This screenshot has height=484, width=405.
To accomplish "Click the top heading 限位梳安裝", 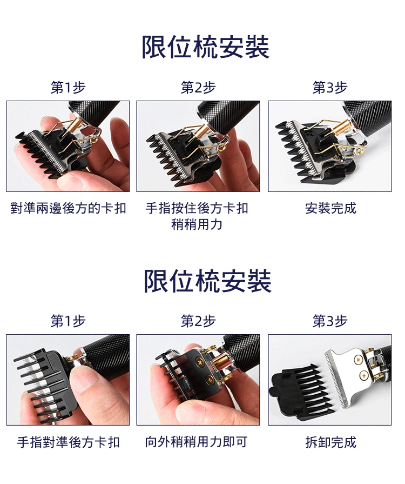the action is pos(205,47).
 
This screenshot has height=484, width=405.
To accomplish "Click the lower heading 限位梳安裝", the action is pos(208,281).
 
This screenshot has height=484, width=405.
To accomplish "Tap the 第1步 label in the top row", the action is pos(68,88).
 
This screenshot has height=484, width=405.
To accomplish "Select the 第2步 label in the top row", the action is pos(198,88).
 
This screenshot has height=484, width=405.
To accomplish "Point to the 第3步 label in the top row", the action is pos(330,88).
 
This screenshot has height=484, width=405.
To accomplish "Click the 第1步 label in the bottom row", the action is pos(68,321).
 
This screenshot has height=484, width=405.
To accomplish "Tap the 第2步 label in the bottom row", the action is pos(198,321).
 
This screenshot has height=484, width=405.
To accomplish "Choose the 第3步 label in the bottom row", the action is pos(330,321).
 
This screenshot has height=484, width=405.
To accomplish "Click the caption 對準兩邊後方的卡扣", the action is pos(68,208).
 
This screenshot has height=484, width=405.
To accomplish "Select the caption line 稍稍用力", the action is pos(197,224).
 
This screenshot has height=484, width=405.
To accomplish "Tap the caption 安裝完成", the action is pos(330,208).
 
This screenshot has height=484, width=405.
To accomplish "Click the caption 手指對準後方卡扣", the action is pos(68,442).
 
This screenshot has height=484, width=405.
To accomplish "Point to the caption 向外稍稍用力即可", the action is pos(197,442).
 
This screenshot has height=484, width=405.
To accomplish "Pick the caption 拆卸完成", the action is pos(330,442).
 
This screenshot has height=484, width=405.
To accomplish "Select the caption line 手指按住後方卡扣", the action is pos(197,208).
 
